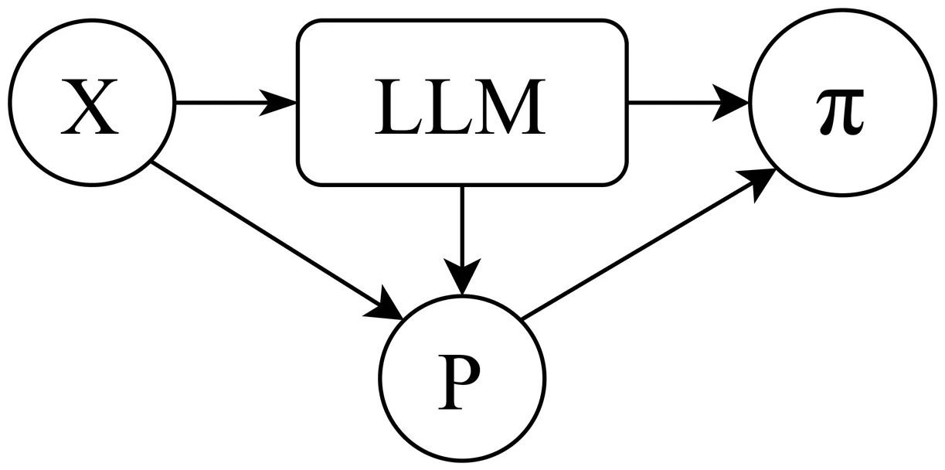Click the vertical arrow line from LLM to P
(461, 224)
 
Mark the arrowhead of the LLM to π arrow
(730, 102)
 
